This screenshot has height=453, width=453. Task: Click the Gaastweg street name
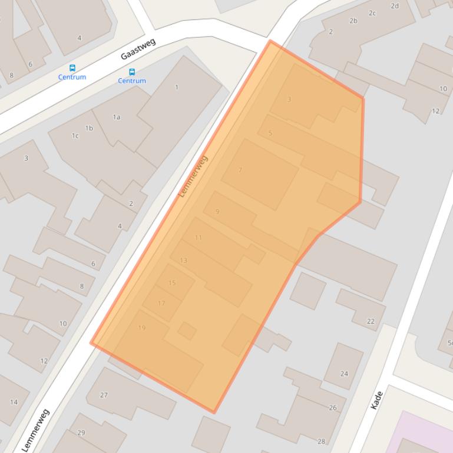[x=138, y=48]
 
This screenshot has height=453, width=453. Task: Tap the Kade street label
[x=377, y=400]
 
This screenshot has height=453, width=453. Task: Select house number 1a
[x=117, y=117]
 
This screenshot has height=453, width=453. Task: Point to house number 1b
[x=89, y=128]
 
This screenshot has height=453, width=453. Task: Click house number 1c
[x=75, y=136]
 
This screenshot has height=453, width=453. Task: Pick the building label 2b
[x=353, y=21]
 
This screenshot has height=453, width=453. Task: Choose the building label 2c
[x=372, y=13]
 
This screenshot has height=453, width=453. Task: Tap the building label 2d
[x=395, y=6]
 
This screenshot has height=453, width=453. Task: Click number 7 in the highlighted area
[x=240, y=171]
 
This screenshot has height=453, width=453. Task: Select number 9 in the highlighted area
[x=217, y=212]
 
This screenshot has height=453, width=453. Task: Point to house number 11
[x=199, y=238]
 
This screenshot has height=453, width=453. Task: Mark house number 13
[x=184, y=261]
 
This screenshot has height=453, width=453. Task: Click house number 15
[x=172, y=283]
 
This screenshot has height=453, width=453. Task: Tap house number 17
[x=161, y=304]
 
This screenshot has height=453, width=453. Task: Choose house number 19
[x=141, y=328]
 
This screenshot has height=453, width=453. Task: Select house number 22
[x=371, y=321]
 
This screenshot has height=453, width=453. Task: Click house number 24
[x=344, y=374]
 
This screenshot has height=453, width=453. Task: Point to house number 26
[x=333, y=408]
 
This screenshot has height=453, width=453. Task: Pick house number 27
[x=104, y=395]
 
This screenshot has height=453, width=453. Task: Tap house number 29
[x=81, y=433]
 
